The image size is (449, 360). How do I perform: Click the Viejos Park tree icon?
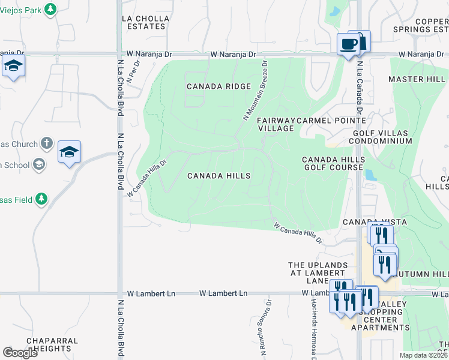[51, 9]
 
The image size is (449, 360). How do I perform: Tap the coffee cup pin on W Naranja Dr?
[348, 44]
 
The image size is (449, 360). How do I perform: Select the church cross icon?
[48, 144]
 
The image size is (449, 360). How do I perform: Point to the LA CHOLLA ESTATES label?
[144, 23]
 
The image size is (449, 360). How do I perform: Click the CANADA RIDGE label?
[218, 86]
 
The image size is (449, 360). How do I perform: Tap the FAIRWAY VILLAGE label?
[276, 125]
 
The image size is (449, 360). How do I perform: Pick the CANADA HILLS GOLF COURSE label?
[333, 163]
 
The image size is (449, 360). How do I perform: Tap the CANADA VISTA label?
[367, 222]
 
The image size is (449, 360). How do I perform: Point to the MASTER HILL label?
[417, 79]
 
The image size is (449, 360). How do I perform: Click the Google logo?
[20, 353]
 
